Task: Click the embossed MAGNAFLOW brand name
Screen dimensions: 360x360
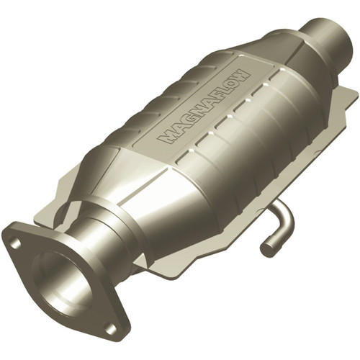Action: point(204,106)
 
